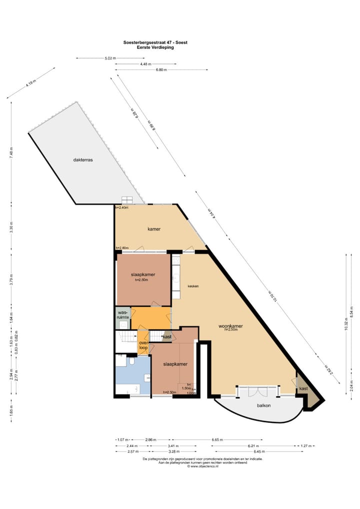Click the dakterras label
pos(83,160)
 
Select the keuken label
pos(193,286)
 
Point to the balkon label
pos(263,405)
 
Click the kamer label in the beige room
pos(153,229)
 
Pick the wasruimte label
pos(123,315)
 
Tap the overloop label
pos(143,345)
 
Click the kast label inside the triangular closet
pos(303,388)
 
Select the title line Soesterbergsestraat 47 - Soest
pos(155,42)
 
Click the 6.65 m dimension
pos(217,440)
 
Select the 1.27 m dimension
pos(306,445)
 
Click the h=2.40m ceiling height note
pos(121,207)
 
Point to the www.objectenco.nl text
pos(203,466)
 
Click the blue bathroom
pos(132,375)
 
